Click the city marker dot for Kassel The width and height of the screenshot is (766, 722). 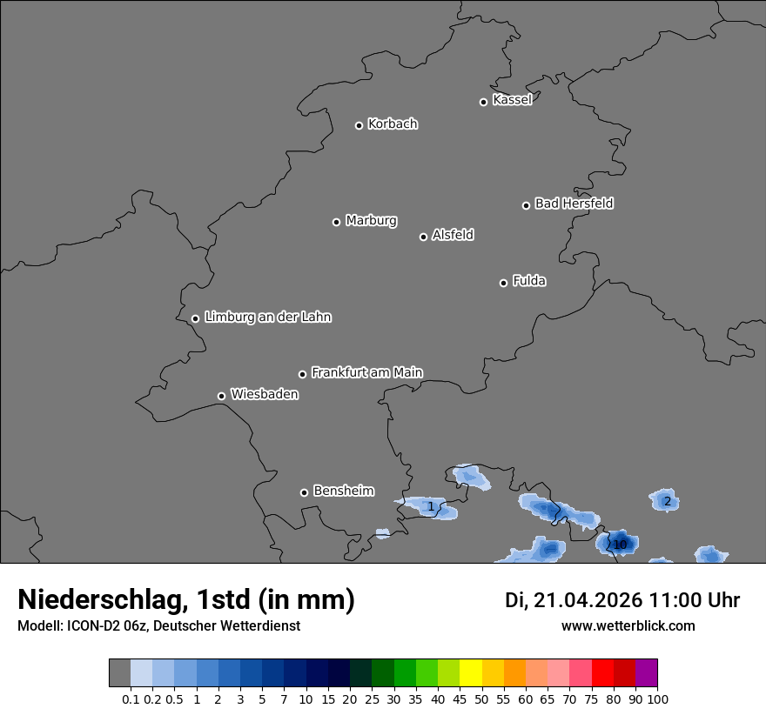483,102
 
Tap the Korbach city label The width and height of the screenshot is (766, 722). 393,124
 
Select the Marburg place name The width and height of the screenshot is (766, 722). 371,221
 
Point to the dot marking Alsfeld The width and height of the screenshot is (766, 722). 423,237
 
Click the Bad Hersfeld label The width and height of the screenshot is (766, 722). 574,204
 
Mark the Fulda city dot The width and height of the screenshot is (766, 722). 503,283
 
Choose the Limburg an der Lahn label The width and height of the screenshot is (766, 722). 267,317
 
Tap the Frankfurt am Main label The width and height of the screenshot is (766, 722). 366,372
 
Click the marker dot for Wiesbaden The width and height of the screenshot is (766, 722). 221,396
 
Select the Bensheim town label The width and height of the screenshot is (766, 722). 343,491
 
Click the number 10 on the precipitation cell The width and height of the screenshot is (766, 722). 620,545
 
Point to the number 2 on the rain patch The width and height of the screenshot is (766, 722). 667,501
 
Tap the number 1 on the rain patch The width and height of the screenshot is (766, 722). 430,506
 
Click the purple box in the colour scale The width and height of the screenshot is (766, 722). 646,673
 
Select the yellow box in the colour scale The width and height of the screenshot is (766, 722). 470,673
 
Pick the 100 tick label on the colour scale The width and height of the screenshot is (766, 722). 657,699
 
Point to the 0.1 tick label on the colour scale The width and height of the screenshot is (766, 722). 131,699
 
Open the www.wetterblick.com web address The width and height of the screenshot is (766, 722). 628,625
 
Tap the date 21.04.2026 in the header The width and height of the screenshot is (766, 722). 588,599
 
